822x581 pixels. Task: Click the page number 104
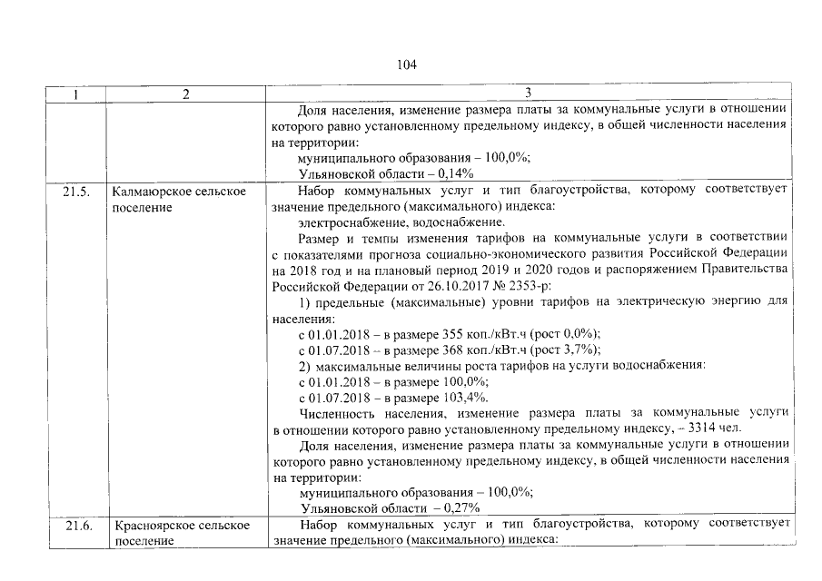pyautogui.click(x=406, y=65)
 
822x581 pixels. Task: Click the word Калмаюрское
pyautogui.click(x=154, y=192)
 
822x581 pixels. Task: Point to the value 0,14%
pyautogui.click(x=454, y=174)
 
